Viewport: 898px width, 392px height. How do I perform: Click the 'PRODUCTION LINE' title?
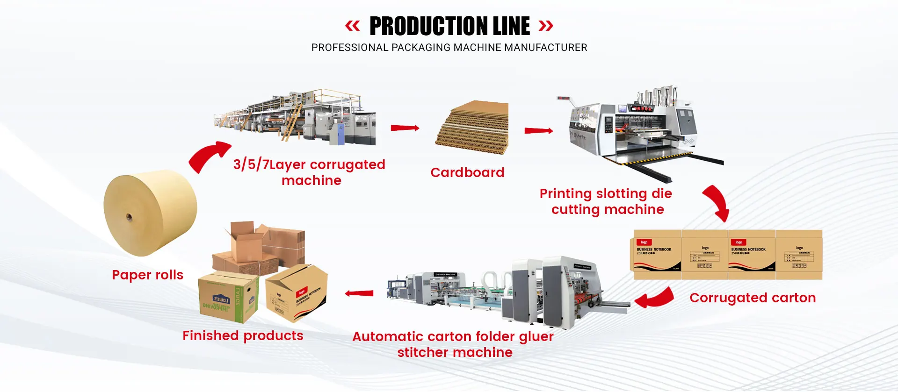coord(449,26)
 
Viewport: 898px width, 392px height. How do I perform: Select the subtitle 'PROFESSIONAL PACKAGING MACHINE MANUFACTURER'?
coord(449,48)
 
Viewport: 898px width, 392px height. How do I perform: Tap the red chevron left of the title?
coord(353,26)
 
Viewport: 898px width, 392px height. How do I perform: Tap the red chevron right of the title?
coord(546,26)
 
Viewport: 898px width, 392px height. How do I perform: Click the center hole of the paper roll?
coord(129,217)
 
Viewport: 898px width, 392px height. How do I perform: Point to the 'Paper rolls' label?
coord(147,275)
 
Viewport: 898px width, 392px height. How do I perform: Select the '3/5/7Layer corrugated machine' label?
coord(310,172)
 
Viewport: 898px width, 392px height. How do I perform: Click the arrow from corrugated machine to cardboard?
coord(405,128)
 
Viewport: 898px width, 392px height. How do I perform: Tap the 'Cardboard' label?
coord(467,172)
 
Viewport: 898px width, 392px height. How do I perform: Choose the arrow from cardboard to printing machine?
coord(538,131)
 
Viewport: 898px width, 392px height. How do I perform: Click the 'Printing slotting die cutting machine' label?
coord(607,201)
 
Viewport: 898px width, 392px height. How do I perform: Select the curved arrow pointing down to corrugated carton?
coord(717,202)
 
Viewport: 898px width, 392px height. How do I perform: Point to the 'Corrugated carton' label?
coord(753,298)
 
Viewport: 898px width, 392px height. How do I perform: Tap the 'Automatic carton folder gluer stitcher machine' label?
coord(453,344)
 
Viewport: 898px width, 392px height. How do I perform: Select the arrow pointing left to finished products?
coord(359,293)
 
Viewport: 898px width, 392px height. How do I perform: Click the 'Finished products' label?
coord(243,335)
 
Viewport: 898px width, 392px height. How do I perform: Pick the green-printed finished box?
coord(228,298)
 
